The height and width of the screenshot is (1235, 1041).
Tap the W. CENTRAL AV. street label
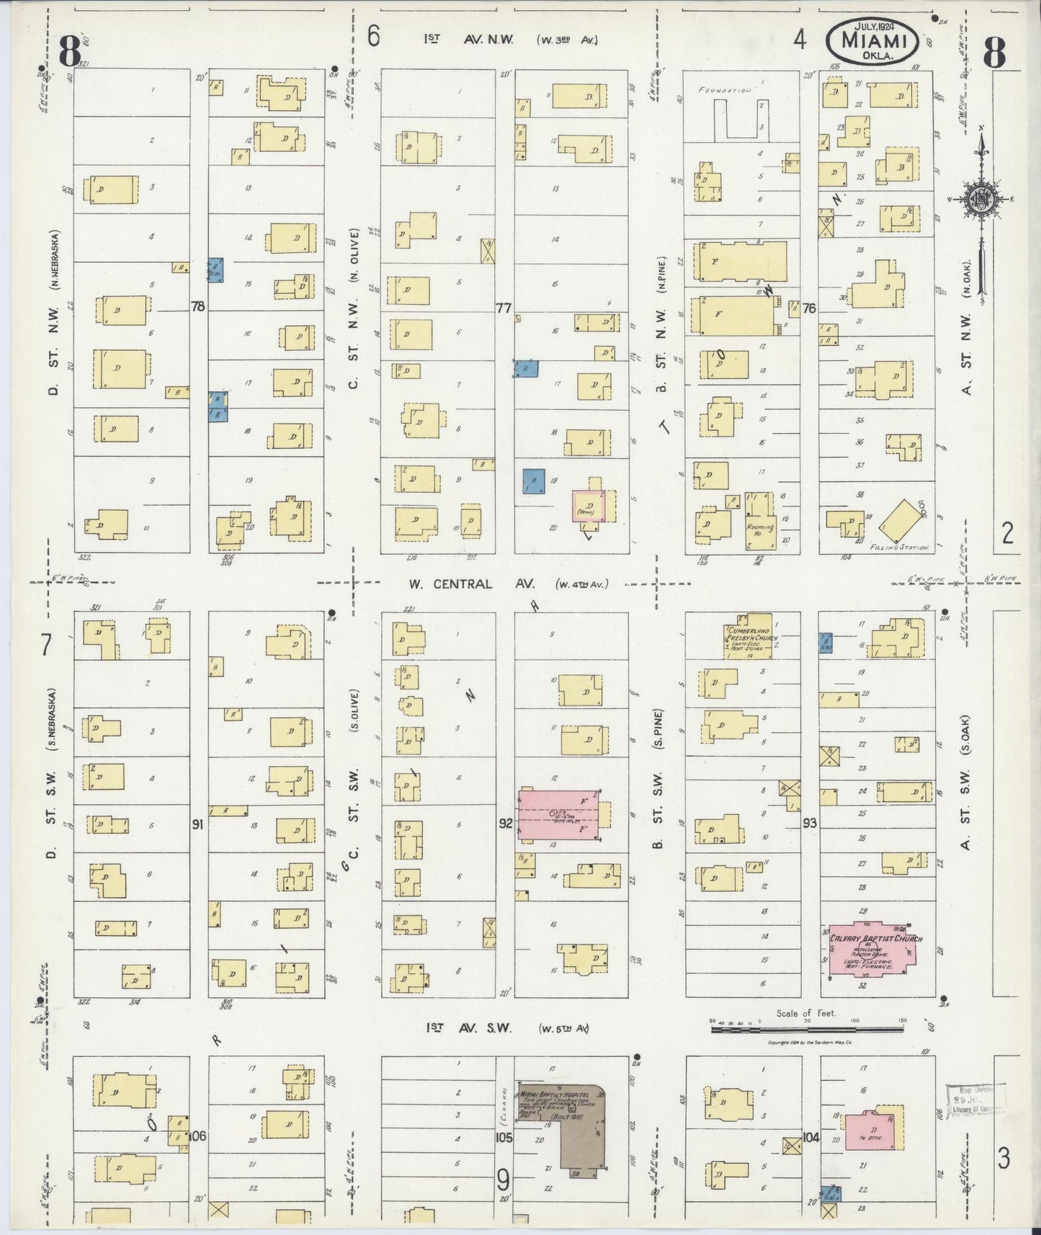point(462,584)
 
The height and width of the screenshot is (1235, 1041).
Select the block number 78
point(197,306)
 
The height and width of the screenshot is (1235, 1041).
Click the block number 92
point(505,822)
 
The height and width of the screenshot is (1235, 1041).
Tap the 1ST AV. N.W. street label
point(469,40)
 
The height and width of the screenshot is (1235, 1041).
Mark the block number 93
point(810,821)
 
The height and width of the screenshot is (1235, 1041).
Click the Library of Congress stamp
point(973,1100)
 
